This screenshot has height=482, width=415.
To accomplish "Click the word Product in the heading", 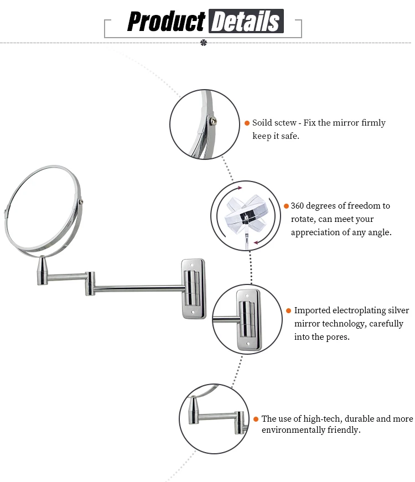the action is pyautogui.click(x=166, y=22).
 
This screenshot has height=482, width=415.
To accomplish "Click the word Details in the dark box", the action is pyautogui.click(x=246, y=22).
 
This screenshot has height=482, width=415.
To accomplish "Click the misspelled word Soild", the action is pyautogui.click(x=262, y=123).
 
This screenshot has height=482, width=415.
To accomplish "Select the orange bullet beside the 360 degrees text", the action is pyautogui.click(x=286, y=206).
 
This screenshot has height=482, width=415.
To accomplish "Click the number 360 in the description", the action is pyautogui.click(x=299, y=206).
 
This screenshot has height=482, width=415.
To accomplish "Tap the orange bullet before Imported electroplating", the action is pyautogui.click(x=288, y=310).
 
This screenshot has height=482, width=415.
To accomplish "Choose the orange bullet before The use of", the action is pyautogui.click(x=256, y=419).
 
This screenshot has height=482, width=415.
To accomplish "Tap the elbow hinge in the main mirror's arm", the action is pyautogui.click(x=90, y=282).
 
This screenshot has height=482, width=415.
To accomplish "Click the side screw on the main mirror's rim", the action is pyautogui.click(x=82, y=202).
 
